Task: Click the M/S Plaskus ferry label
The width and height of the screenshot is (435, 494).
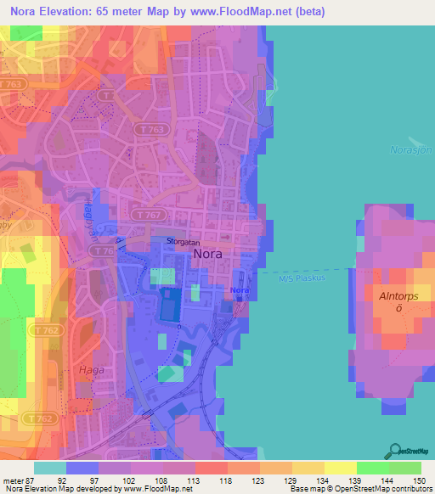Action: tap(302, 277)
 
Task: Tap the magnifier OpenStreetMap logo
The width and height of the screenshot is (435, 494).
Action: tap(396, 451)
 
